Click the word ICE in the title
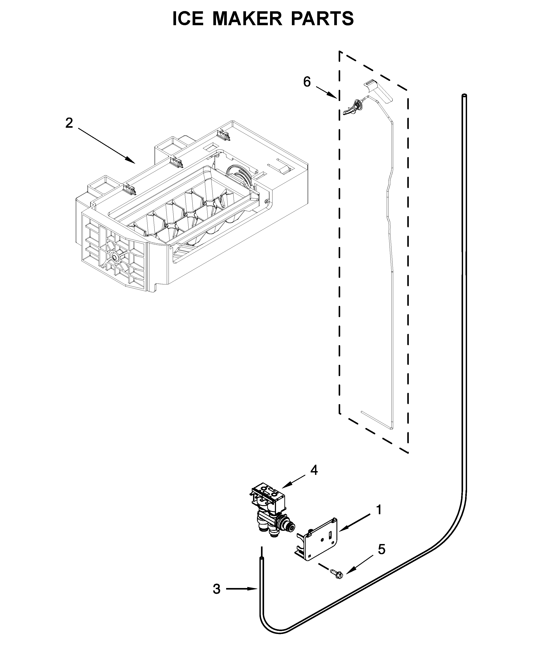pos(188,19)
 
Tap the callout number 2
pos(69,123)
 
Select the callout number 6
pos(307,82)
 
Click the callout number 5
pos(381,549)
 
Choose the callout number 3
pos(217,589)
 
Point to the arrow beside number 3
pos(242,589)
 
